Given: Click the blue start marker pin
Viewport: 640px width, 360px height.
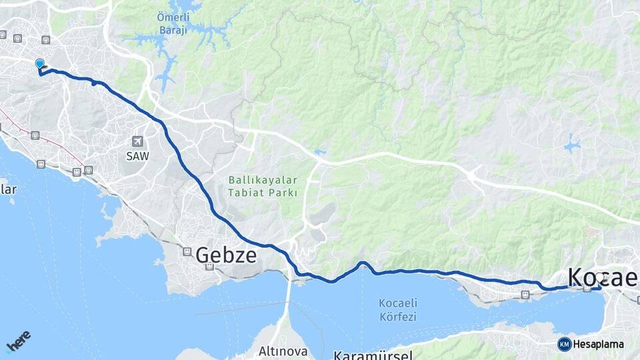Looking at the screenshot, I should coord(39,64).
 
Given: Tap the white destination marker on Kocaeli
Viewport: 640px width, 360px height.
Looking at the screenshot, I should coord(601,277).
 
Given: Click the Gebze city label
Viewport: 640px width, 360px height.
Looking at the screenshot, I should coord(226,254).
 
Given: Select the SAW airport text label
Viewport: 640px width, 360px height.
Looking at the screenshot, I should coord(137,155).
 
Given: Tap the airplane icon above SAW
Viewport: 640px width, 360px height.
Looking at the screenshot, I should coord(137,141).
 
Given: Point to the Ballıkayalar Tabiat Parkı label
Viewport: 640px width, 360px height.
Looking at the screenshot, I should coord(263,186).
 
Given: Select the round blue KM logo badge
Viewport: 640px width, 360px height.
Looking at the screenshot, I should coord(564,344).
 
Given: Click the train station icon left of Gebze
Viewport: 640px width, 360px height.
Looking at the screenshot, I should coord(187,252).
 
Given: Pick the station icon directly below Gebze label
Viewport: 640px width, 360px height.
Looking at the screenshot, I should coord(209,267).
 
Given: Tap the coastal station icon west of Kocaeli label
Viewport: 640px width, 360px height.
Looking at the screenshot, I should coord(525,294).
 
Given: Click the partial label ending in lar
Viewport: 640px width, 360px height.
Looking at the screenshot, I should coord(8,189).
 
